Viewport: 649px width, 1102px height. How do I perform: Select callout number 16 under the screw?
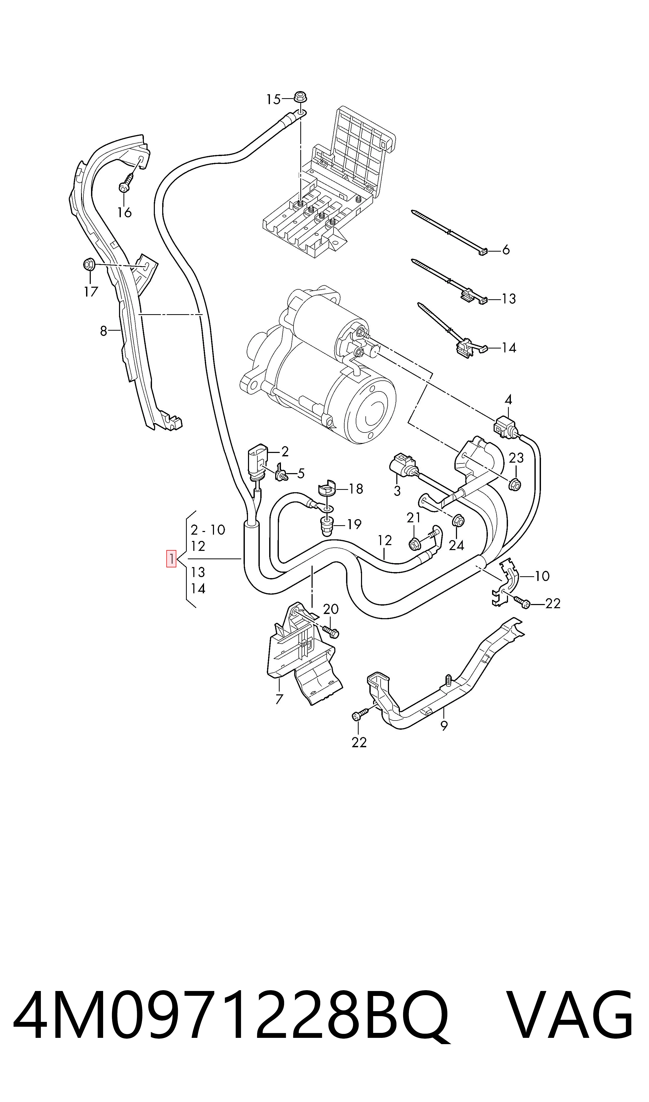click(x=125, y=212)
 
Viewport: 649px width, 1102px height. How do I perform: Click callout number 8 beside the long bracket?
click(x=103, y=331)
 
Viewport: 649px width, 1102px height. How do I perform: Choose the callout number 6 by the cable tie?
click(x=506, y=250)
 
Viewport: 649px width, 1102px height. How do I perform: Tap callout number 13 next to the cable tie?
click(x=509, y=299)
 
